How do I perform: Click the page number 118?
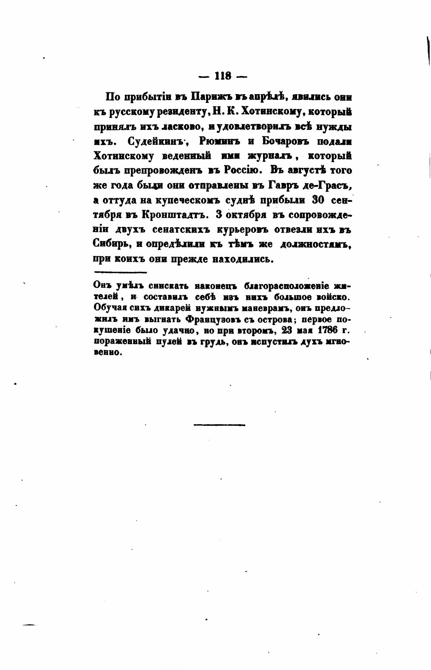[x=223, y=76]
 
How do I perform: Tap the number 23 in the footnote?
[x=283, y=330]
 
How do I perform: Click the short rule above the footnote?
[x=120, y=272]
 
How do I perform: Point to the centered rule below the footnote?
[x=219, y=425]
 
